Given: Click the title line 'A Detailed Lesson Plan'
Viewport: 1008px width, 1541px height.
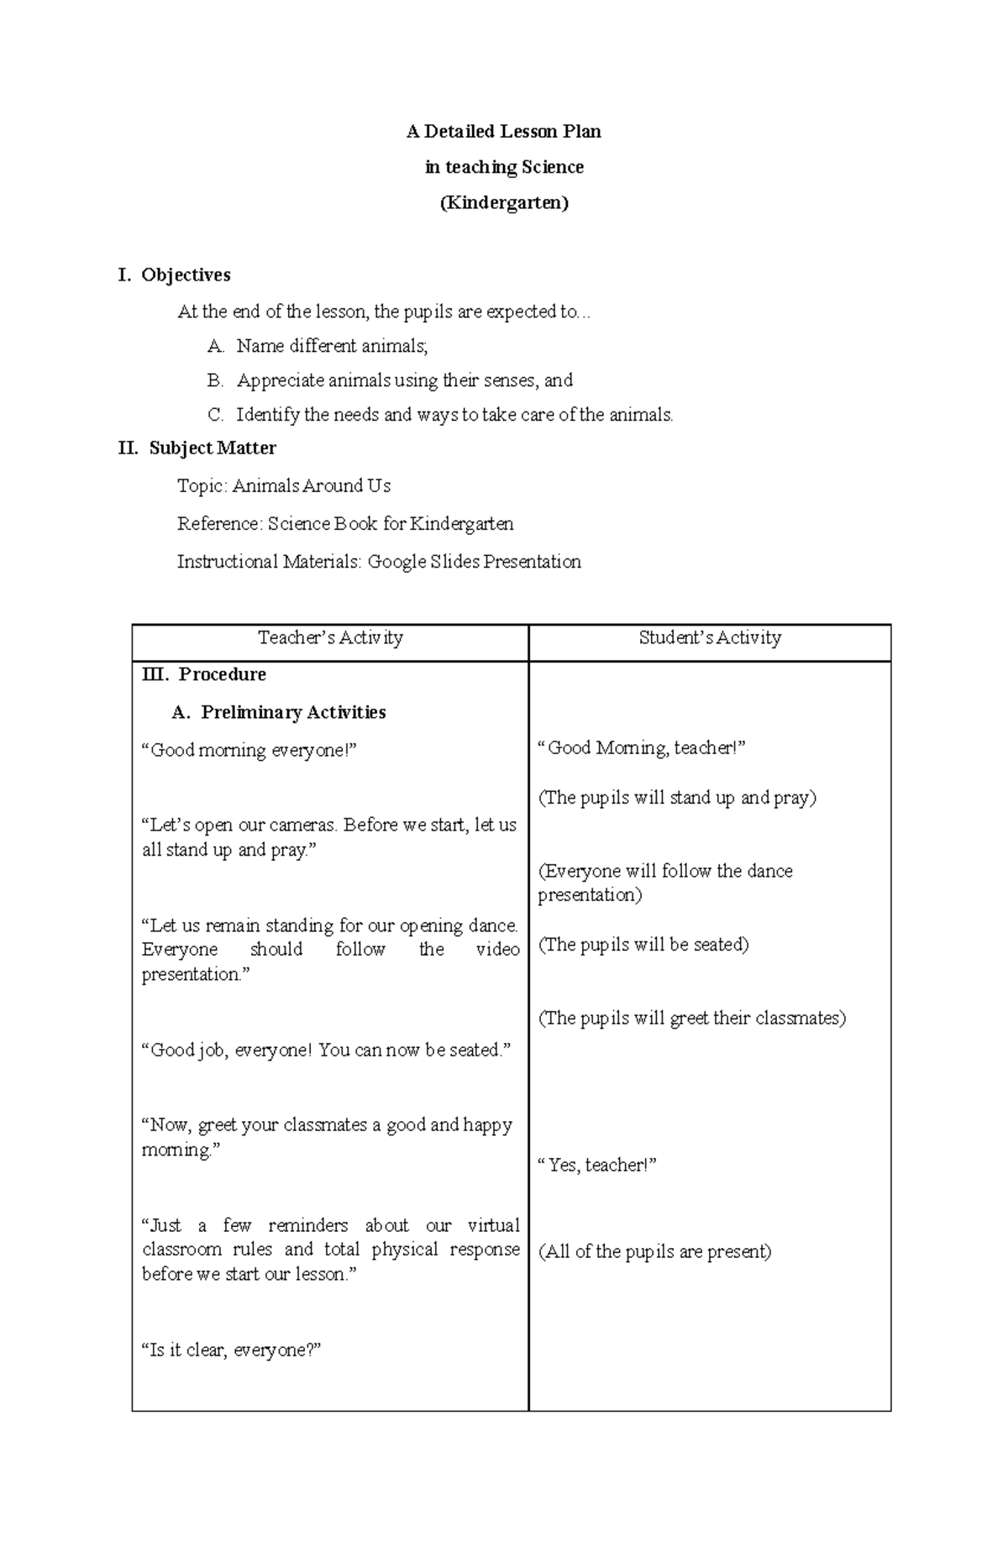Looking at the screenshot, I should pyautogui.click(x=503, y=132).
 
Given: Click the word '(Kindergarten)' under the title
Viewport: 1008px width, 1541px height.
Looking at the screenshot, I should pyautogui.click(x=504, y=203).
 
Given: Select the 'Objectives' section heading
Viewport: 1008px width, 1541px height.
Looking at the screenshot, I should pyautogui.click(x=186, y=275).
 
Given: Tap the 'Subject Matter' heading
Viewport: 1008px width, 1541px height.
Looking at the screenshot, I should pyautogui.click(x=213, y=448).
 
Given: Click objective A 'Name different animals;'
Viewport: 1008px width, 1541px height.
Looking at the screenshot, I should pyautogui.click(x=332, y=346).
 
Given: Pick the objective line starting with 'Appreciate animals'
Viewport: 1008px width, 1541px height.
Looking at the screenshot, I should pyautogui.click(x=404, y=380).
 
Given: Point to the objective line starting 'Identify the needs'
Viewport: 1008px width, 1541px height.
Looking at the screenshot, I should pyautogui.click(x=454, y=415).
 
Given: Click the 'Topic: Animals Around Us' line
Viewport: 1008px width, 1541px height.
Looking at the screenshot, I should pyautogui.click(x=284, y=486).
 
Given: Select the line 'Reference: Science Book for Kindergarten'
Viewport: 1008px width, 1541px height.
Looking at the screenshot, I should pyautogui.click(x=345, y=524).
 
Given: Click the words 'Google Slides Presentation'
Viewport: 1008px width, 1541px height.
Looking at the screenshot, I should pyautogui.click(x=474, y=562).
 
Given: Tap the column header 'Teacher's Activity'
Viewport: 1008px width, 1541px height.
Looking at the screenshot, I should pyautogui.click(x=330, y=638).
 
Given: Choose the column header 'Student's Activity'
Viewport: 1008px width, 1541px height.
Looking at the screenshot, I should pyautogui.click(x=710, y=638).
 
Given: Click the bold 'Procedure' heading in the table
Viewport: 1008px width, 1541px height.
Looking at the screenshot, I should pyautogui.click(x=222, y=674).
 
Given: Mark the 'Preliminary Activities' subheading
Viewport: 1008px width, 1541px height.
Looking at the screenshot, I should pyautogui.click(x=293, y=712).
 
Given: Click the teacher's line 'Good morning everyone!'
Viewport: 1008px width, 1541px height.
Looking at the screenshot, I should pyautogui.click(x=249, y=750).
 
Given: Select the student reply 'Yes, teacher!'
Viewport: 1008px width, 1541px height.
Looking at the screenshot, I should pyautogui.click(x=597, y=1165).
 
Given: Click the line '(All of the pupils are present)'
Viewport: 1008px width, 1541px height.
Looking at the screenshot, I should pyautogui.click(x=654, y=1251).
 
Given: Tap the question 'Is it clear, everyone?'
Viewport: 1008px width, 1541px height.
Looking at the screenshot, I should pyautogui.click(x=232, y=1350).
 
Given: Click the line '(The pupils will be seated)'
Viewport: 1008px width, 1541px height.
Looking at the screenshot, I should pyautogui.click(x=643, y=945).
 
